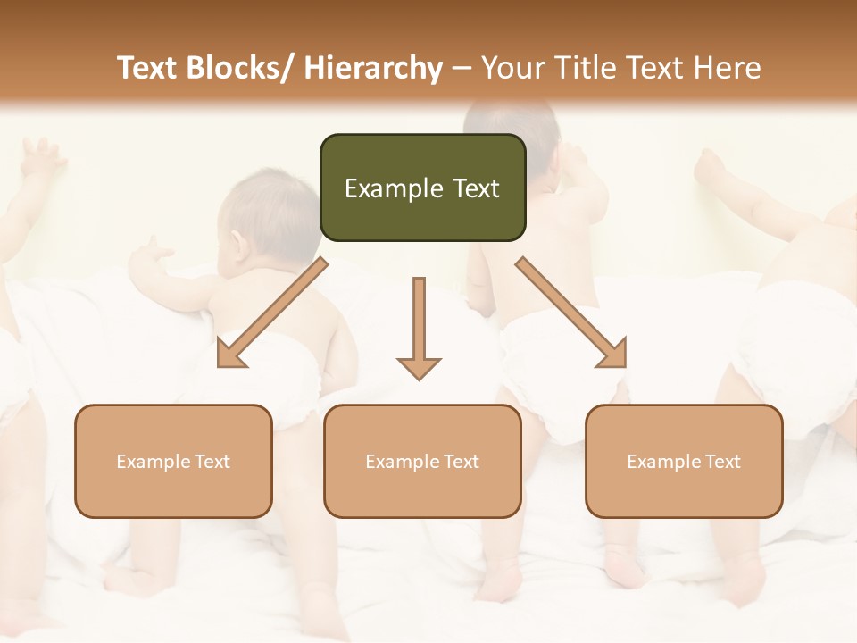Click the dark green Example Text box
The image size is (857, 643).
tap(422, 188)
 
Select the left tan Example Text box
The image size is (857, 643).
tap(173, 461)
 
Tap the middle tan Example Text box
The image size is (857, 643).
tap(422, 461)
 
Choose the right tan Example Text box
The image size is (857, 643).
tap(684, 461)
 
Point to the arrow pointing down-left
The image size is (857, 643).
tap(272, 313)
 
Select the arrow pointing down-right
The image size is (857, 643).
tap(571, 313)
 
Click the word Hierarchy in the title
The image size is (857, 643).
tap(372, 68)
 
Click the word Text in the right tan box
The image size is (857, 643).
tap(723, 462)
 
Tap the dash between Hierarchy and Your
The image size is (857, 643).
tap(462, 69)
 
